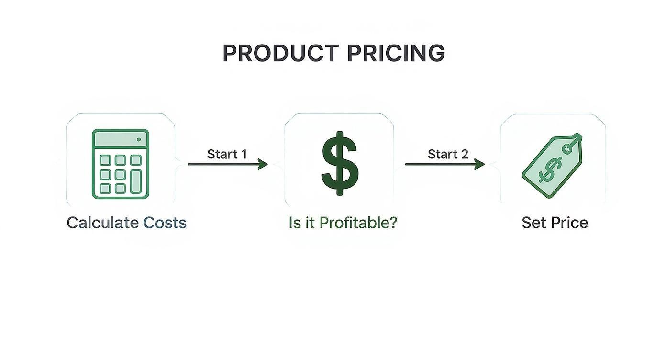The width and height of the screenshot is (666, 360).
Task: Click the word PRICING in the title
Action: (396, 53)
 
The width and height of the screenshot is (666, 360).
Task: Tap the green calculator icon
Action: (120, 164)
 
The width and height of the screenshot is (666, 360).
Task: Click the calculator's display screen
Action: (120, 139)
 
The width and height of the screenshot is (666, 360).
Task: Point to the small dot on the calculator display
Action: (139, 139)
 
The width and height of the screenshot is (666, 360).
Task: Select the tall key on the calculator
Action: (136, 181)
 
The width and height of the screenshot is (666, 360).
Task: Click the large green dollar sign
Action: (339, 163)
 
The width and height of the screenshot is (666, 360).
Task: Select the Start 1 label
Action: (227, 154)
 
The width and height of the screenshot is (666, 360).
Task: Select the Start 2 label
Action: (448, 154)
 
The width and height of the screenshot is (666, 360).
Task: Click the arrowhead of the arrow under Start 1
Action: (263, 164)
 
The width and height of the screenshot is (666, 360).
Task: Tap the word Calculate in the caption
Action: (103, 223)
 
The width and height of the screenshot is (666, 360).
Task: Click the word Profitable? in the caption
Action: (358, 223)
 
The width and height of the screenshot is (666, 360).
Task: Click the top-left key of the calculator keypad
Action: (105, 160)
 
